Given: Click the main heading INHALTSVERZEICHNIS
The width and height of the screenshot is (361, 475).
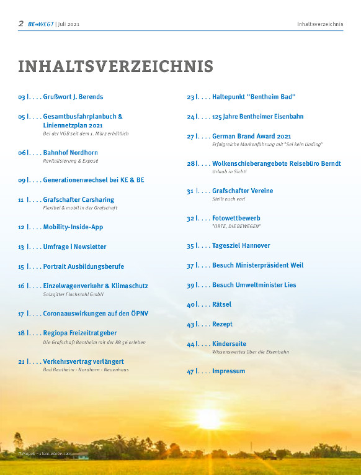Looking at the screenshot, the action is [115, 66].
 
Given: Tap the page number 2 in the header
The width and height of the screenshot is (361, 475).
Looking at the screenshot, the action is [21, 24].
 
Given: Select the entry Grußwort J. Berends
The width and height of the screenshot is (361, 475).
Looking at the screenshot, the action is [73, 97].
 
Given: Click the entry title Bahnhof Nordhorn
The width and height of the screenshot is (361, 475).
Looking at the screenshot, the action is [70, 152].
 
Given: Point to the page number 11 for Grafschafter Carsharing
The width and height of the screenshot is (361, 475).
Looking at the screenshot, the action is [21, 200].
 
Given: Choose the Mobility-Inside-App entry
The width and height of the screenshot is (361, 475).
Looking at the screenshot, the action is [73, 227].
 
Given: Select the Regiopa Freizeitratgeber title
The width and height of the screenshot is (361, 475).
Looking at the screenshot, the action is [79, 333].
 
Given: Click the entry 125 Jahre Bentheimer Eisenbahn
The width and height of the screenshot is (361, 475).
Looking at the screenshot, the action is [257, 116].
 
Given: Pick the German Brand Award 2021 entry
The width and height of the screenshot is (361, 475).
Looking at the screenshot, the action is [251, 136].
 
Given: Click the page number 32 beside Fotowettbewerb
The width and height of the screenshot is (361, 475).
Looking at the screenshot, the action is [191, 219].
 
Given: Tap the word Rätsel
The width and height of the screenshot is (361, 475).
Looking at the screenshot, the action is [221, 304].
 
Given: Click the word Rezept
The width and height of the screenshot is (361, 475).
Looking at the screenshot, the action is [222, 324].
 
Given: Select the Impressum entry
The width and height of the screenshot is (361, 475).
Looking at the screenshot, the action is [228, 371].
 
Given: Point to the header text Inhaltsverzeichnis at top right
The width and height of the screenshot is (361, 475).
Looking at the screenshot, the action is [320, 24].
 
